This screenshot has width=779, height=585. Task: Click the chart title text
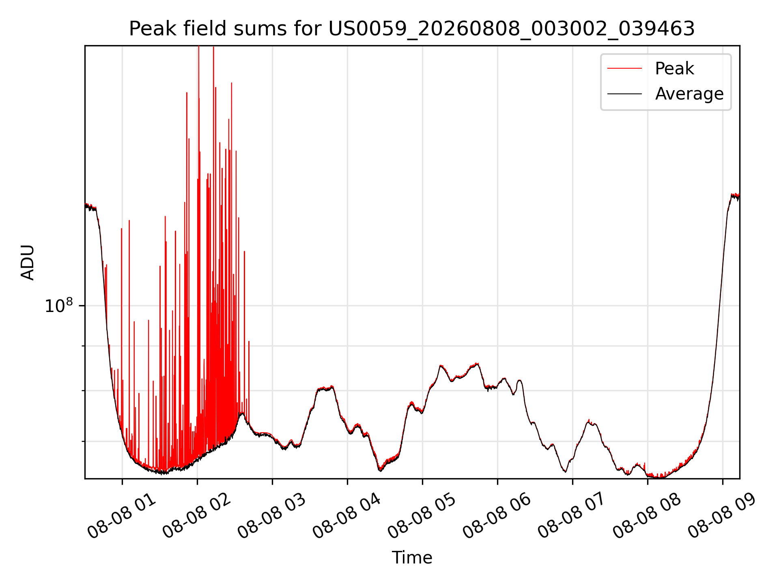[412, 29]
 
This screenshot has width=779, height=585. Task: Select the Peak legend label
[674, 69]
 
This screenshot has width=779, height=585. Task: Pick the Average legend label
[689, 94]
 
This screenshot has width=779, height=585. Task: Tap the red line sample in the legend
[624, 69]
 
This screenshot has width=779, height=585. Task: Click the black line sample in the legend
[624, 94]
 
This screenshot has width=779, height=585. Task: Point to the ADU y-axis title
[28, 262]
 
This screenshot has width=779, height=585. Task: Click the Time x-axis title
[412, 557]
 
